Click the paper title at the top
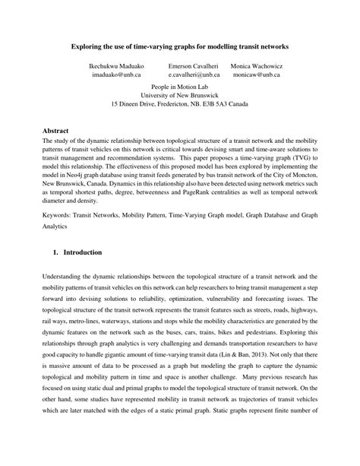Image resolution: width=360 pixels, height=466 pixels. coord(180,46)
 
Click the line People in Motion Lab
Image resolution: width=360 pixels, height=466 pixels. coord(180,88)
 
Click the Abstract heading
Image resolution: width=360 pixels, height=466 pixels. coord(55,131)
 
